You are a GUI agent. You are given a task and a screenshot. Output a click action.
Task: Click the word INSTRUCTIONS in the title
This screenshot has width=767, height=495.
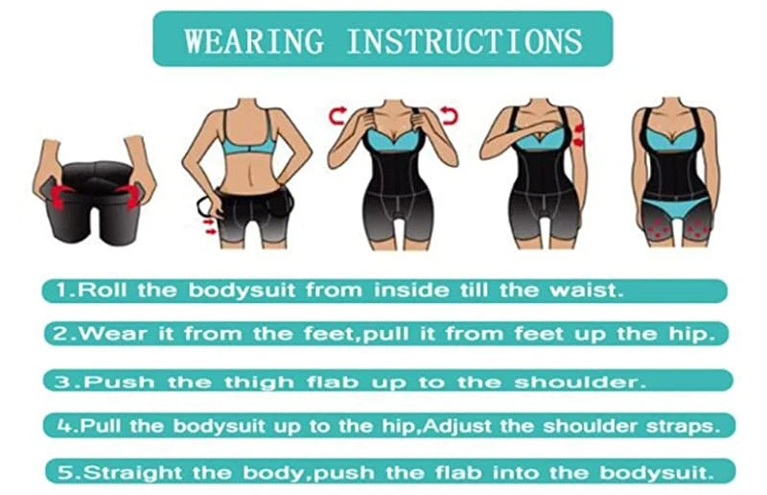click(463, 40)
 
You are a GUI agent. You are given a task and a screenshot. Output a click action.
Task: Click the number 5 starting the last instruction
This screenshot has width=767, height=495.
click(62, 473)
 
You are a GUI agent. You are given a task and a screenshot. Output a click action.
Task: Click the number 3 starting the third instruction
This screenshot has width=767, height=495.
click(62, 381)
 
